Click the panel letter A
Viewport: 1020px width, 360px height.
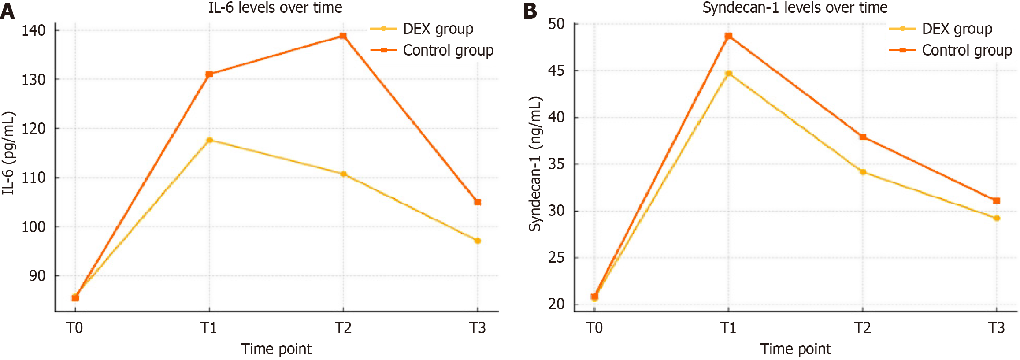coord(7,11)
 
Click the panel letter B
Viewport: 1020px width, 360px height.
coord(530,11)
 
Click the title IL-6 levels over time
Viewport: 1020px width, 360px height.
coord(275,7)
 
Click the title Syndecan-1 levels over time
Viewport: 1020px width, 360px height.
coord(795,7)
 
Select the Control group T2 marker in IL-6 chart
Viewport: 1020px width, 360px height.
coord(343,36)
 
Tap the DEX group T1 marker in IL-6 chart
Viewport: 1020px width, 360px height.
coord(209,140)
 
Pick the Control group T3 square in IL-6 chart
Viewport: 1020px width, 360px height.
coord(478,202)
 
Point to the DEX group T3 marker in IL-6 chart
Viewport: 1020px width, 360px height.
coord(478,241)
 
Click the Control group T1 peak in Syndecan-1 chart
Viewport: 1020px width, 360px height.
coord(728,36)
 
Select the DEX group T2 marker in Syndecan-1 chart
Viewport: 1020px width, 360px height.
coord(863,172)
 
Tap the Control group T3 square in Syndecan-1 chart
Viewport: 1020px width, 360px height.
coord(997,200)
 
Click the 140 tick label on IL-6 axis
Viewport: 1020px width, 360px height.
coord(33,30)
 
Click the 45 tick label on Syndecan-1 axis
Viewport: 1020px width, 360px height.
coord(556,71)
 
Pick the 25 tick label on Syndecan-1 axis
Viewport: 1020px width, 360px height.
coord(556,257)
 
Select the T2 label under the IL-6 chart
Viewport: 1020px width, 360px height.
coord(343,328)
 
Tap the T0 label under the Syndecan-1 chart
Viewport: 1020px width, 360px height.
coord(594,328)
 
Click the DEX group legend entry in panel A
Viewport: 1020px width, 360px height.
coord(438,29)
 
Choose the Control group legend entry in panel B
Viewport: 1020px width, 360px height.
coord(967,50)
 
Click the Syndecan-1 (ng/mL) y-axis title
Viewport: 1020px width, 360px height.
coord(535,164)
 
